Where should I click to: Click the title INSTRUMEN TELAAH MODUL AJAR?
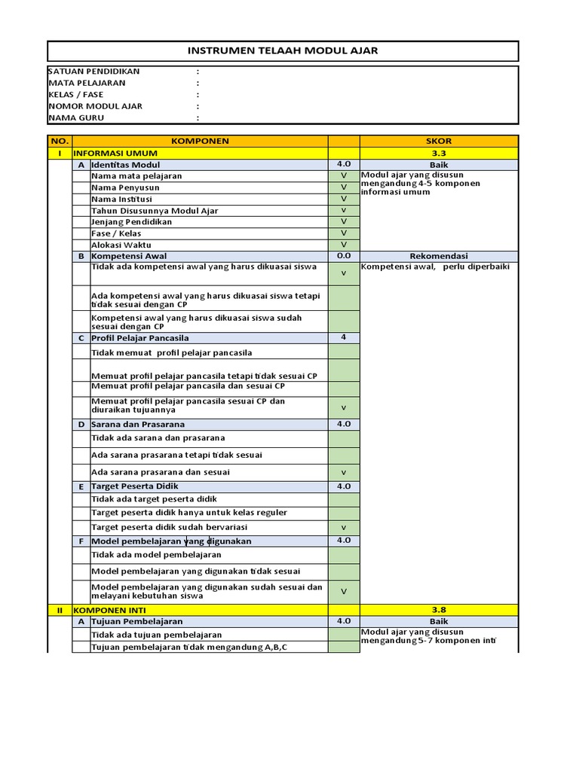[x=283, y=50]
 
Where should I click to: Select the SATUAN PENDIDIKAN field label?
[x=93, y=72]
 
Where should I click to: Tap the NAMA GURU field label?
[x=76, y=118]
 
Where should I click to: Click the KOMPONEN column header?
[x=200, y=141]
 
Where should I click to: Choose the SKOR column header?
[x=439, y=141]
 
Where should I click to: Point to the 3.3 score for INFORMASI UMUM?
[x=439, y=153]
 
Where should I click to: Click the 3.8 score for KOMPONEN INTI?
[x=439, y=610]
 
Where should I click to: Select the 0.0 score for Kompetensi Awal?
[x=344, y=256]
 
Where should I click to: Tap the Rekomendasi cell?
[x=439, y=256]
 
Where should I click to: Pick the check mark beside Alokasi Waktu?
[x=344, y=245]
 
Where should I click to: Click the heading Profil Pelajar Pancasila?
[x=139, y=338]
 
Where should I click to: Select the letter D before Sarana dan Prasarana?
[x=81, y=425]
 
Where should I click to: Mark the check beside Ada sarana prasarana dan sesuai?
[x=344, y=473]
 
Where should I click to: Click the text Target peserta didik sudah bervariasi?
[x=169, y=527]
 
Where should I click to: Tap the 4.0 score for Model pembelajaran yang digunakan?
[x=344, y=541]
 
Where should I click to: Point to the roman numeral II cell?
[x=59, y=610]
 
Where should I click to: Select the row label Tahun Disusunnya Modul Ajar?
[x=155, y=211]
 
